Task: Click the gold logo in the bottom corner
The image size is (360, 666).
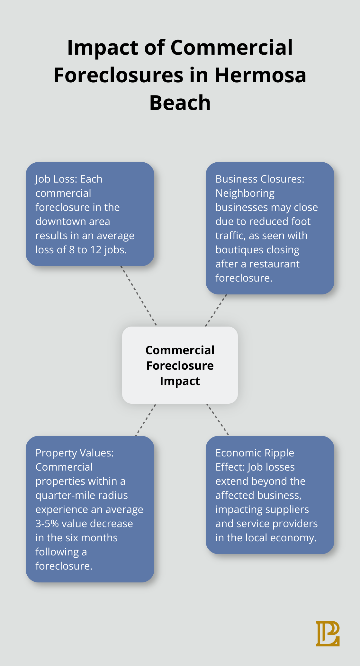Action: tap(328, 634)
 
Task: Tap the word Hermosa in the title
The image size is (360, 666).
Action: tap(260, 75)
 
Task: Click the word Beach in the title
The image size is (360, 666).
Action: tap(180, 103)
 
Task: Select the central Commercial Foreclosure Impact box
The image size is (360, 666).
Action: tap(180, 365)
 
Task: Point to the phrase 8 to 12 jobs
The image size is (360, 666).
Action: tap(98, 250)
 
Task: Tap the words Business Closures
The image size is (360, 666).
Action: tap(260, 179)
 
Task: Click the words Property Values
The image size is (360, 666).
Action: tap(74, 453)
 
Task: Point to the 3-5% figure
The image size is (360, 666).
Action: tap(47, 524)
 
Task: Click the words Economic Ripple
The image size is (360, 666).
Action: tap(255, 453)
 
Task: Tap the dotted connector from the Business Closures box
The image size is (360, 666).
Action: tap(216, 310)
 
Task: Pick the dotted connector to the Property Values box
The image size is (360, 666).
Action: tap(146, 420)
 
